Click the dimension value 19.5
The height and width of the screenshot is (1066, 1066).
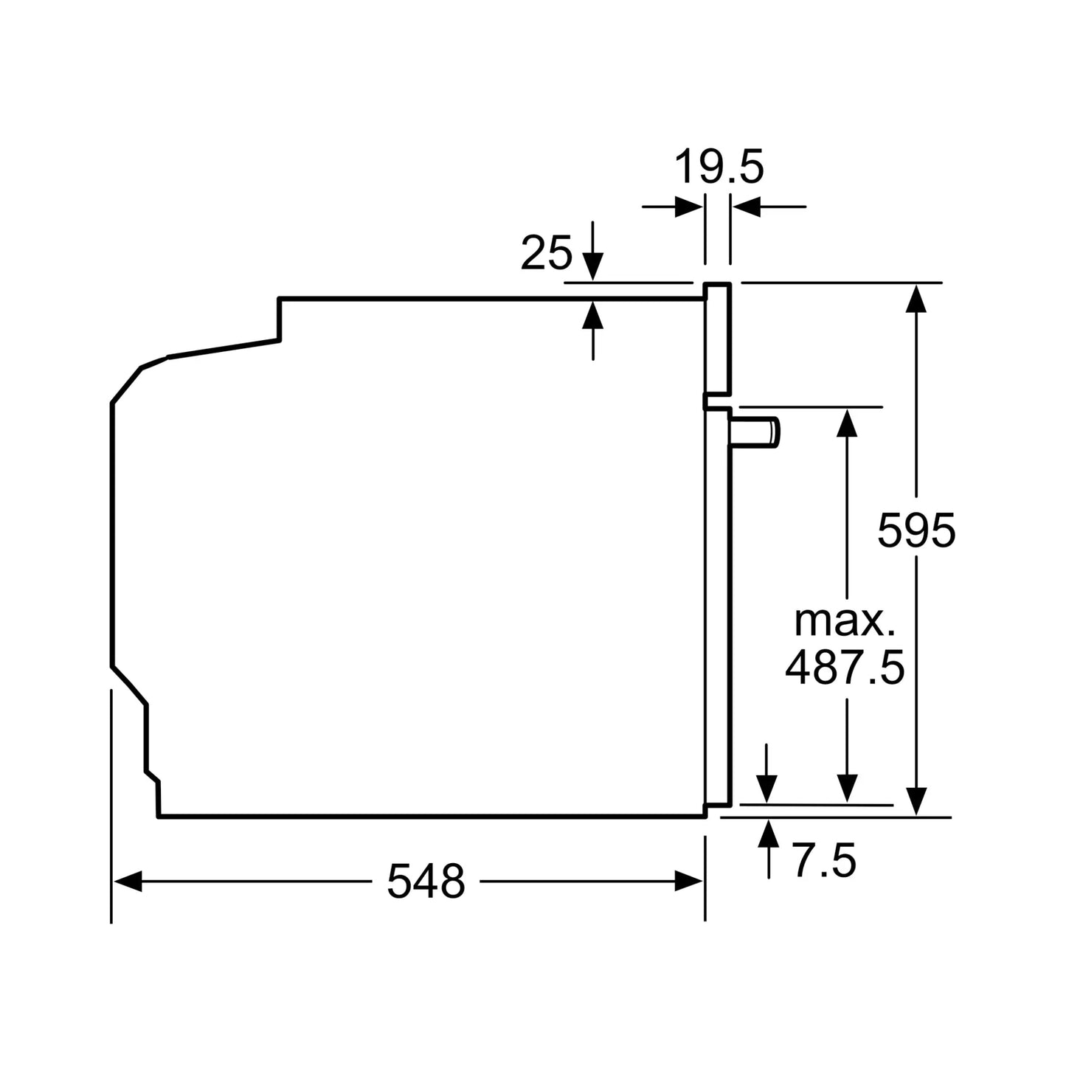click(719, 167)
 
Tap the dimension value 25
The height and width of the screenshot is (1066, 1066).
click(546, 253)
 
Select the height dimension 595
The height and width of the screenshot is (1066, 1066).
click(916, 530)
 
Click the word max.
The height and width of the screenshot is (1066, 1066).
click(845, 621)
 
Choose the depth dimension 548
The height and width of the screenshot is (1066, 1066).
click(426, 881)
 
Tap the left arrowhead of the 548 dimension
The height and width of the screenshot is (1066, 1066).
click(128, 881)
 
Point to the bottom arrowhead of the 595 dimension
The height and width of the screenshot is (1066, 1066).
click(916, 801)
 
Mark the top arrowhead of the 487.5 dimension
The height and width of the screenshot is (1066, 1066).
click(848, 422)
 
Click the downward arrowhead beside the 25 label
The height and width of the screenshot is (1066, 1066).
click(592, 265)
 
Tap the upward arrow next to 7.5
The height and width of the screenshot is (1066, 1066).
click(769, 834)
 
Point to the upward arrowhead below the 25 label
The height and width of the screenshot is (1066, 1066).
click(592, 315)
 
